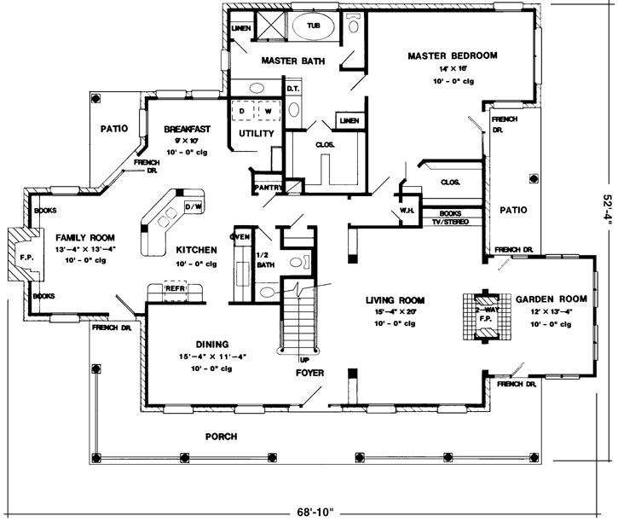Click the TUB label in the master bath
[315, 26]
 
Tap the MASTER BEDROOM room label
[452, 55]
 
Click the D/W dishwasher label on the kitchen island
[193, 206]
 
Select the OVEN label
[240, 236]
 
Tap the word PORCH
[222, 437]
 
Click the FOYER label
[309, 373]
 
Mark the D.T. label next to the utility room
[292, 88]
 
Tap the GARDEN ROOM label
[548, 299]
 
